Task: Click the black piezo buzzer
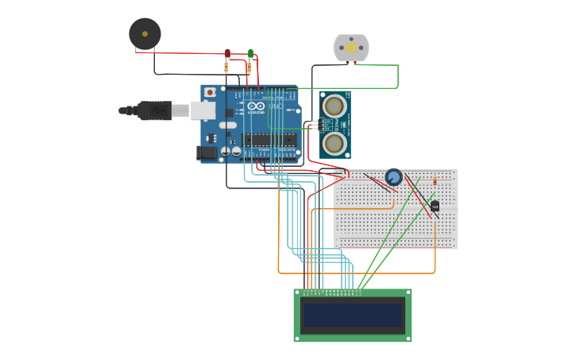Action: pyautogui.click(x=145, y=33)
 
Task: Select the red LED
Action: pyautogui.click(x=227, y=53)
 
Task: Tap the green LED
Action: pyautogui.click(x=250, y=53)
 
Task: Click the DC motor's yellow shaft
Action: pyautogui.click(x=351, y=48)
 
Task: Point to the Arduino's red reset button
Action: pyautogui.click(x=209, y=92)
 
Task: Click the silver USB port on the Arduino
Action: pyautogui.click(x=203, y=110)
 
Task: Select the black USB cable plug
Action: pyautogui.click(x=154, y=110)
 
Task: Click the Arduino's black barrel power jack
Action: pyautogui.click(x=207, y=152)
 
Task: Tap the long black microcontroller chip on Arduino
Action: pyautogui.click(x=269, y=140)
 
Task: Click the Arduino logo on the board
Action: pyautogui.click(x=256, y=106)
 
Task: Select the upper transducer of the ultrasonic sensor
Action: pyautogui.click(x=334, y=104)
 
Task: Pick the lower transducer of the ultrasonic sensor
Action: pyautogui.click(x=334, y=143)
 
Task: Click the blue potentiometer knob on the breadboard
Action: pyautogui.click(x=393, y=176)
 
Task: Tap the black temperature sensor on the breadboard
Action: pyautogui.click(x=435, y=206)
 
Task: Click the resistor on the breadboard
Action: pyautogui.click(x=435, y=182)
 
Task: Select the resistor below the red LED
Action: pyautogui.click(x=226, y=68)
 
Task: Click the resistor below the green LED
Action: pyautogui.click(x=249, y=68)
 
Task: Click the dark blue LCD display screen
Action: pyautogui.click(x=353, y=315)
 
